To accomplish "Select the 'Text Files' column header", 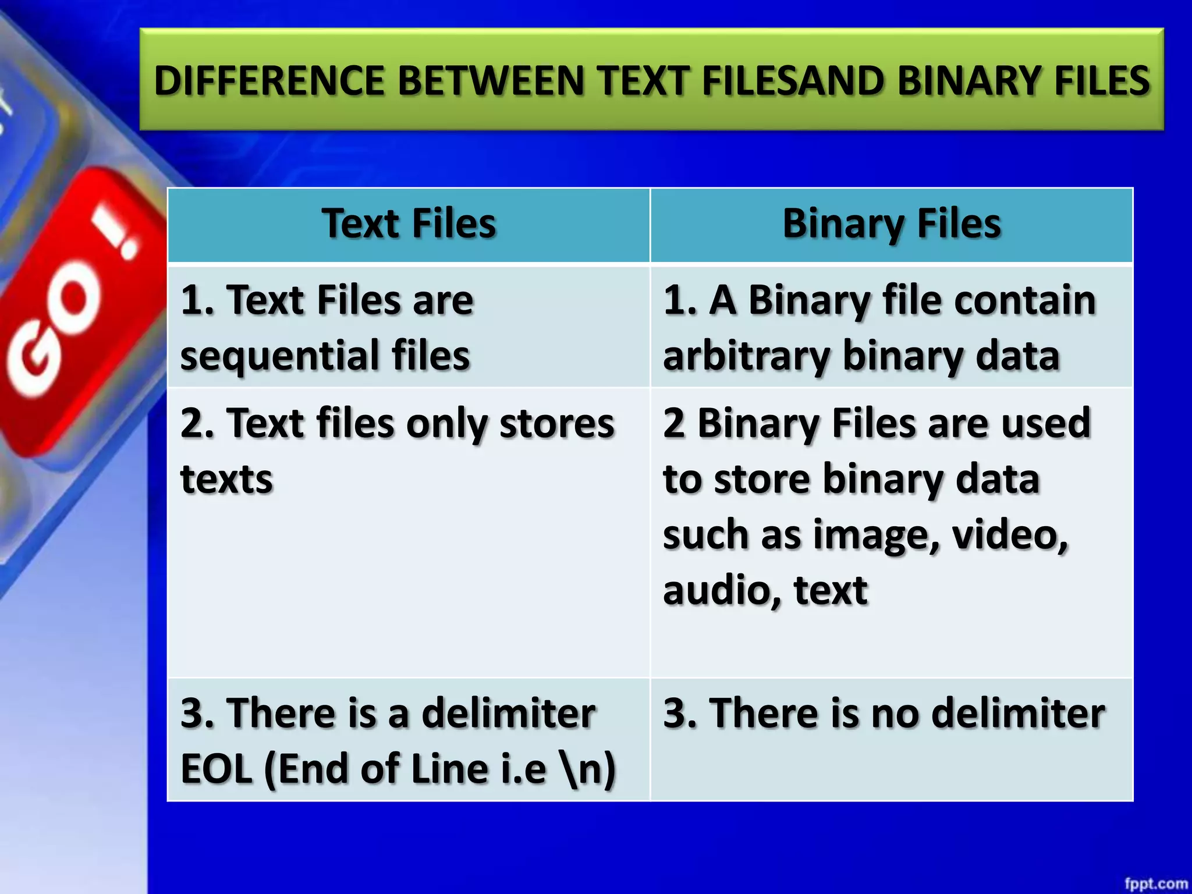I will (409, 224).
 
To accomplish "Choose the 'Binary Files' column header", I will (892, 224).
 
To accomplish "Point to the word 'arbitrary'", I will (746, 356).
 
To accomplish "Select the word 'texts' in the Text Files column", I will (227, 479).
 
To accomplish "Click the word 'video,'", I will (1010, 535).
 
